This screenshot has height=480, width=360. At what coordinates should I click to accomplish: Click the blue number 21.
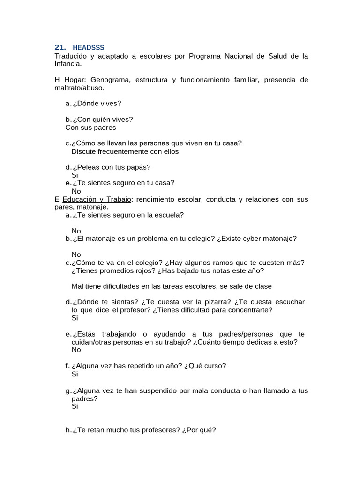click(x=60, y=48)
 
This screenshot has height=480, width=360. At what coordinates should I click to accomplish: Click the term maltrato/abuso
click(x=79, y=88)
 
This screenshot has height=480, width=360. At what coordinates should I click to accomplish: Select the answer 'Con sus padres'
click(x=90, y=127)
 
